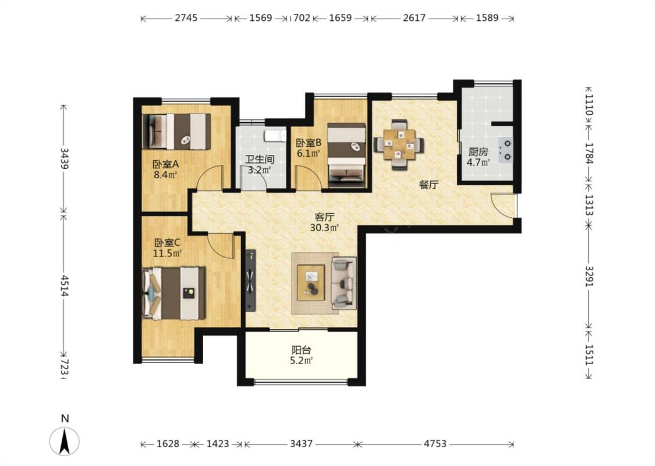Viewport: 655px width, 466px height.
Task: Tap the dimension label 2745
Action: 186,18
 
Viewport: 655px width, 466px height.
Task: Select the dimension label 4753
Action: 436,443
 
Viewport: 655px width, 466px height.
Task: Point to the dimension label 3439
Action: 64,158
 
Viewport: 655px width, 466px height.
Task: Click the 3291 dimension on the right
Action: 589,276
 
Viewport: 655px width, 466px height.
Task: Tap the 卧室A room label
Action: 165,164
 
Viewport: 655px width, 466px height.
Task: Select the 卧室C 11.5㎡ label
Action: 167,248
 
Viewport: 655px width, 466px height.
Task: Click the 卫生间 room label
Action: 260,159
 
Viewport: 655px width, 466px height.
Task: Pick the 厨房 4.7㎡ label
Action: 479,157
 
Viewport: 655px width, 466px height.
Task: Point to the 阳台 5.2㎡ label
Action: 301,355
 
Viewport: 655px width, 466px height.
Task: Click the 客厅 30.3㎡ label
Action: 324,223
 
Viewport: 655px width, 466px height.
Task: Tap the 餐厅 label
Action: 428,184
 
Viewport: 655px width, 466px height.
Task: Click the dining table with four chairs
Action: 399,144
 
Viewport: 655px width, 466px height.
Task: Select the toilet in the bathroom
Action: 275,136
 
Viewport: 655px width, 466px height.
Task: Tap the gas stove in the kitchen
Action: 506,150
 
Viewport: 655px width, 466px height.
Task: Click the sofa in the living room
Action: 344,283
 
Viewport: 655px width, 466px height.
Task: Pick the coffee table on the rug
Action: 311,283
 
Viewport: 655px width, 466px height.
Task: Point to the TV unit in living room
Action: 250,280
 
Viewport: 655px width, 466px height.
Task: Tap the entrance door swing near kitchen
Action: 504,205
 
